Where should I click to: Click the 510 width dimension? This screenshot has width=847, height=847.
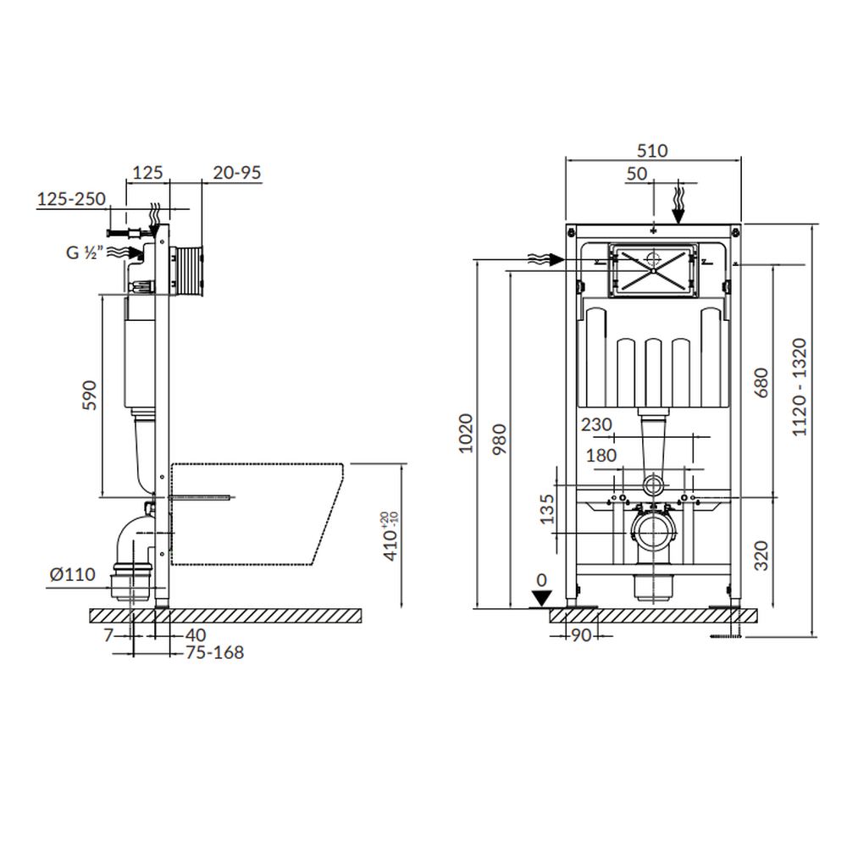click(x=652, y=151)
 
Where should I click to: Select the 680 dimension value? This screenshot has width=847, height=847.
click(x=761, y=383)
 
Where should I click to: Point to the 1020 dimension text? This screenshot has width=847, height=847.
click(x=465, y=433)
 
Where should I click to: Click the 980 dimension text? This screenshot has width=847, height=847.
click(x=501, y=439)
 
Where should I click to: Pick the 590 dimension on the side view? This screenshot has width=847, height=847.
click(x=90, y=396)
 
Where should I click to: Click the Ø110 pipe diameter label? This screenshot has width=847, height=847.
click(x=72, y=574)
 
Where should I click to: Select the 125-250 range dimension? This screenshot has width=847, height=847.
click(x=71, y=199)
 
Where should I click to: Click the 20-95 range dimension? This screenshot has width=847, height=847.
click(x=236, y=173)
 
